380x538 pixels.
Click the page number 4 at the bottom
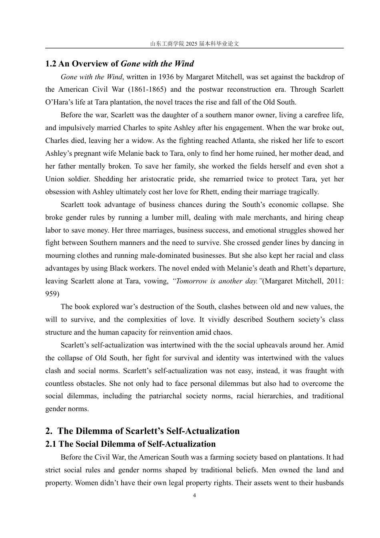[194, 496]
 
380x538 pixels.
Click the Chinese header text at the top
[194, 44]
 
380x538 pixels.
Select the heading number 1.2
[51, 64]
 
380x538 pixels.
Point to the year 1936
[166, 77]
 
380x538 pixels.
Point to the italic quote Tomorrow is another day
[217, 281]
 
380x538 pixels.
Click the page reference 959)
[52, 294]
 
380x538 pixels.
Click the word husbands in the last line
[329, 483]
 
